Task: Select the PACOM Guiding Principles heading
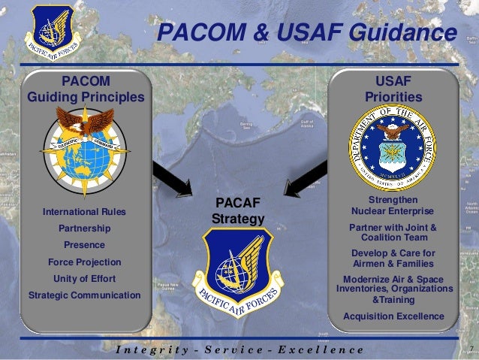[x=85, y=89]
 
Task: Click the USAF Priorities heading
[x=393, y=89]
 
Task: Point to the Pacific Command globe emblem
[x=85, y=146]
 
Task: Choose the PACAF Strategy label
[x=238, y=210]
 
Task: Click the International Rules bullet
[x=84, y=213]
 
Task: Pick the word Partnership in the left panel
[x=84, y=228]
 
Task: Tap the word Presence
[x=84, y=245]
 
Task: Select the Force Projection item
[x=84, y=262]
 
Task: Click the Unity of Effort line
[x=84, y=279]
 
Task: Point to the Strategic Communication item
[x=84, y=295]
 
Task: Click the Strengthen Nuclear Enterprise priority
[x=393, y=205]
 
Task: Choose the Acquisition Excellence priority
[x=393, y=316]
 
